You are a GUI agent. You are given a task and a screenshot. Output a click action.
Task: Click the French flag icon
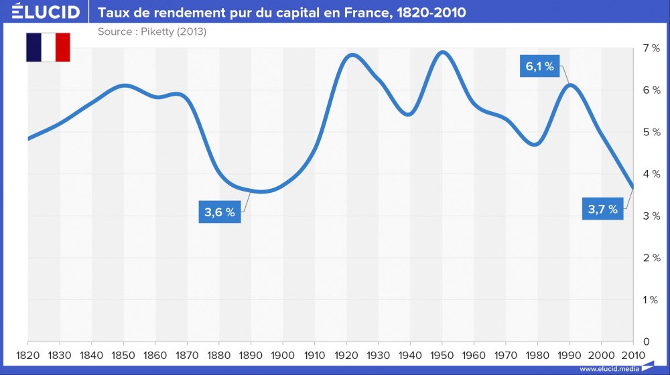tap(48, 47)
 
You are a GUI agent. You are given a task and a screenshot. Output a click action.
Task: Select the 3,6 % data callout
tap(220, 212)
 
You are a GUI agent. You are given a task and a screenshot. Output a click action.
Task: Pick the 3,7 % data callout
tap(602, 209)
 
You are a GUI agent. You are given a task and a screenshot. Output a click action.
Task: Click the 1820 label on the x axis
tap(27, 354)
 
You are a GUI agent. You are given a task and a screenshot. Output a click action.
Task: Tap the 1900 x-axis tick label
tap(283, 354)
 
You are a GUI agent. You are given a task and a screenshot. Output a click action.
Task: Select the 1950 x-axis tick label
tap(442, 354)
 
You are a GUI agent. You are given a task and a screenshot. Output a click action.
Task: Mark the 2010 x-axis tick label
tap(633, 354)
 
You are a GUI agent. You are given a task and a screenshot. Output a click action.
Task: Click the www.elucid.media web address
tap(608, 368)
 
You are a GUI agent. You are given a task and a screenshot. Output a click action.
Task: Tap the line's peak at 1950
tap(442, 52)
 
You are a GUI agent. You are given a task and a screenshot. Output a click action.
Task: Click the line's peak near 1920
tap(352, 55)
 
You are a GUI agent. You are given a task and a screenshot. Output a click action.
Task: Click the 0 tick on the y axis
tap(647, 342)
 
